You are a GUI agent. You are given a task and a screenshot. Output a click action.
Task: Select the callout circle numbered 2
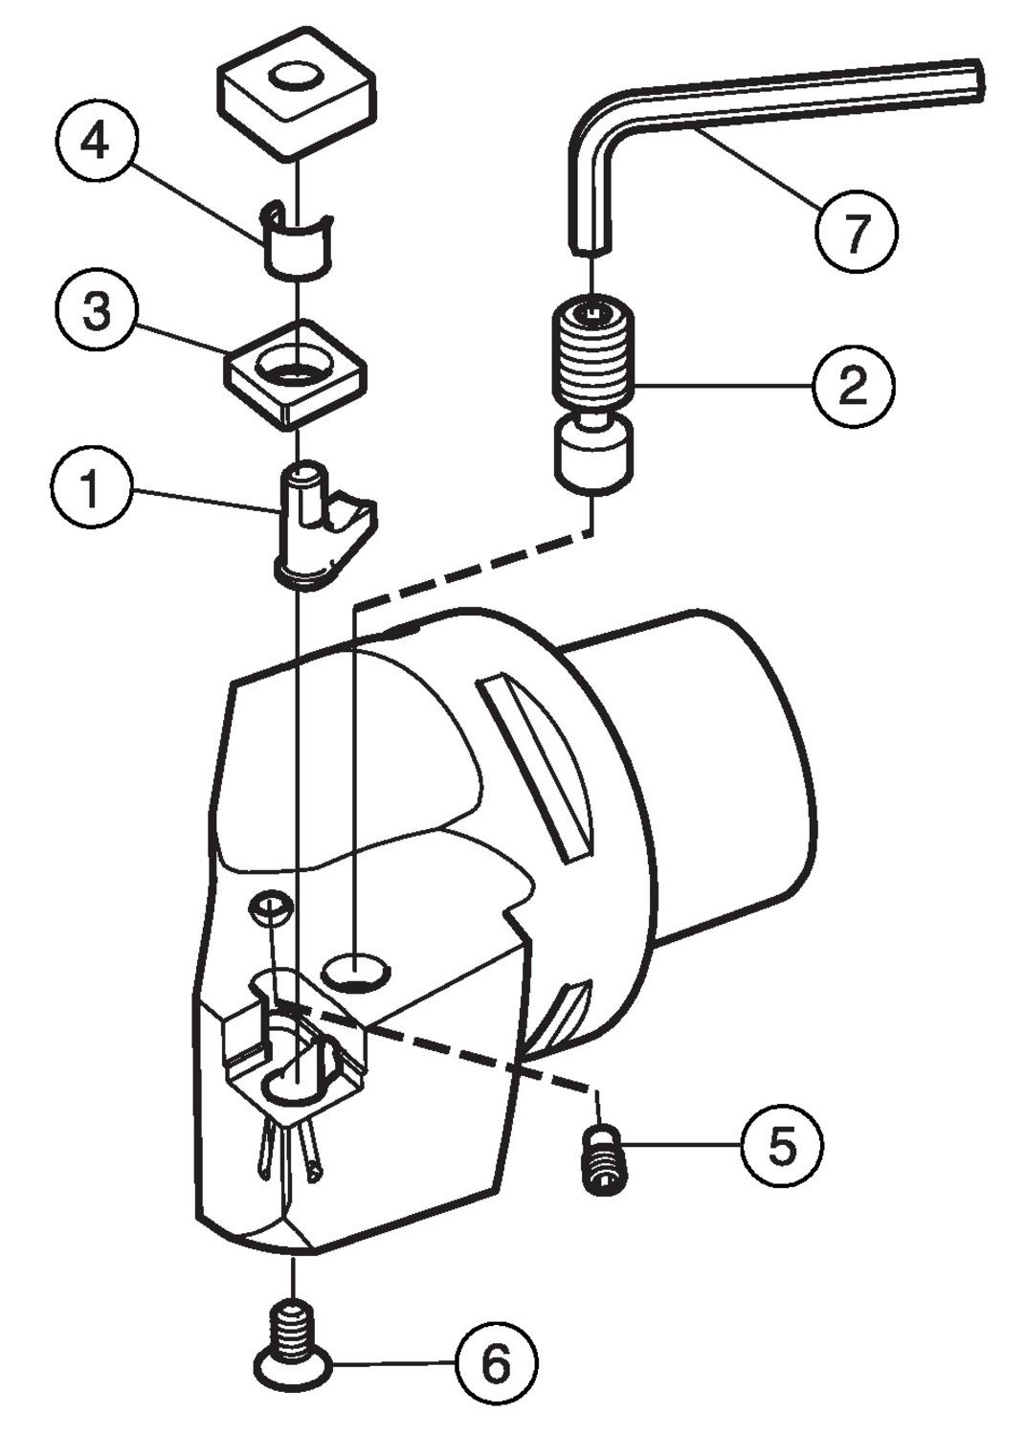pos(853,386)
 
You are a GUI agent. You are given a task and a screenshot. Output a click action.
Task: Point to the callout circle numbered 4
pos(96,142)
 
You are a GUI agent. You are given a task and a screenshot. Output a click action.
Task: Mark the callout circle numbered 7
pos(857,230)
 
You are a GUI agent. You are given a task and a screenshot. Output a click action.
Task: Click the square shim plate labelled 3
pos(295,372)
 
